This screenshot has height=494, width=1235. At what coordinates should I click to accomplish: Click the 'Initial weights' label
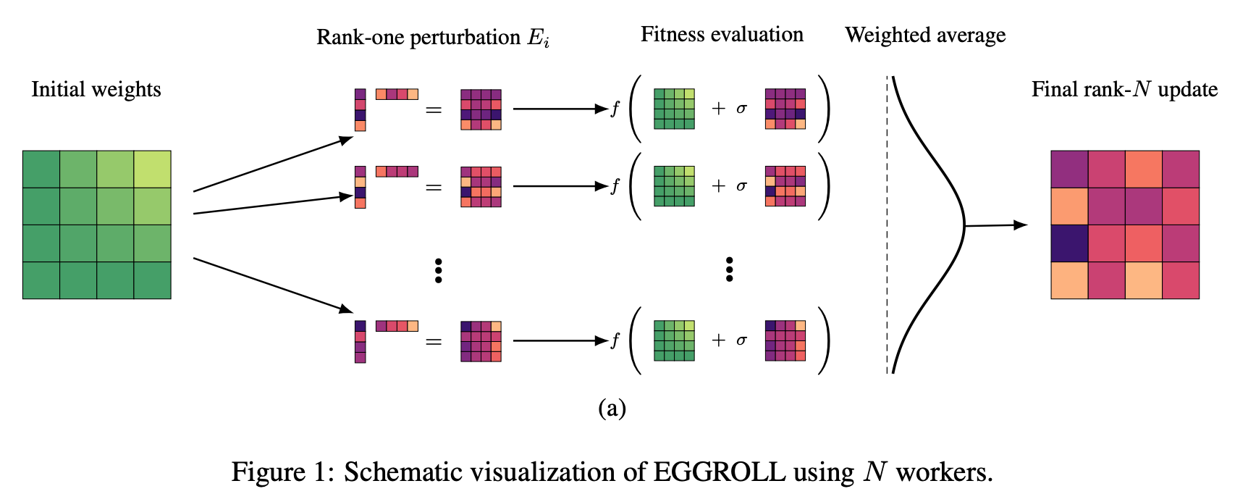96,89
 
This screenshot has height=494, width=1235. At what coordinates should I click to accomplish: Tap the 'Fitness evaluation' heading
722,35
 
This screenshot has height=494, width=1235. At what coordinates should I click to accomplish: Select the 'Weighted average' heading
925,35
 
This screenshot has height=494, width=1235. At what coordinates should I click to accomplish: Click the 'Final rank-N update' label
1124,89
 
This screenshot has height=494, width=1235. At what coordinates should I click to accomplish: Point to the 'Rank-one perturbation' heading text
418,37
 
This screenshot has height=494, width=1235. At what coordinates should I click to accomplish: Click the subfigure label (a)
612,409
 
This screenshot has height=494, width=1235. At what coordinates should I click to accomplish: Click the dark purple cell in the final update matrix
1069,243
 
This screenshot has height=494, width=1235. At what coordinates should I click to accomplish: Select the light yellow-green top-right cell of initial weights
153,169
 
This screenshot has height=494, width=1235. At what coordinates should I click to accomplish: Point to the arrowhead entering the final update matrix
1021,225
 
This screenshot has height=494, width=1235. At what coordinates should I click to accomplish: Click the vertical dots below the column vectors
438,270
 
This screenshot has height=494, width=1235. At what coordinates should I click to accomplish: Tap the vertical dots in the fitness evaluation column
729,269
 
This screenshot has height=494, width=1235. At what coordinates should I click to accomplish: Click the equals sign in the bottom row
434,341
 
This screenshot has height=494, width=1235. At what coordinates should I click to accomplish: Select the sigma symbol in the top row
741,109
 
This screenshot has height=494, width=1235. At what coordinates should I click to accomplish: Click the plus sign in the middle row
718,186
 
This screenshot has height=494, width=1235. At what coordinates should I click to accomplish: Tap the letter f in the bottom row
615,340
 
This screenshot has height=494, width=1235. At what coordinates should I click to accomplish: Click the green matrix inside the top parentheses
674,109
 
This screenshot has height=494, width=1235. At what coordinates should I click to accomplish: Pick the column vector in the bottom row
360,341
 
